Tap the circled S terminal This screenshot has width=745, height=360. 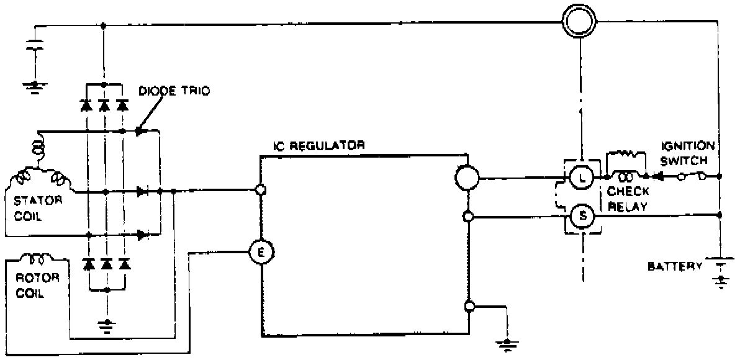[582, 216]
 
